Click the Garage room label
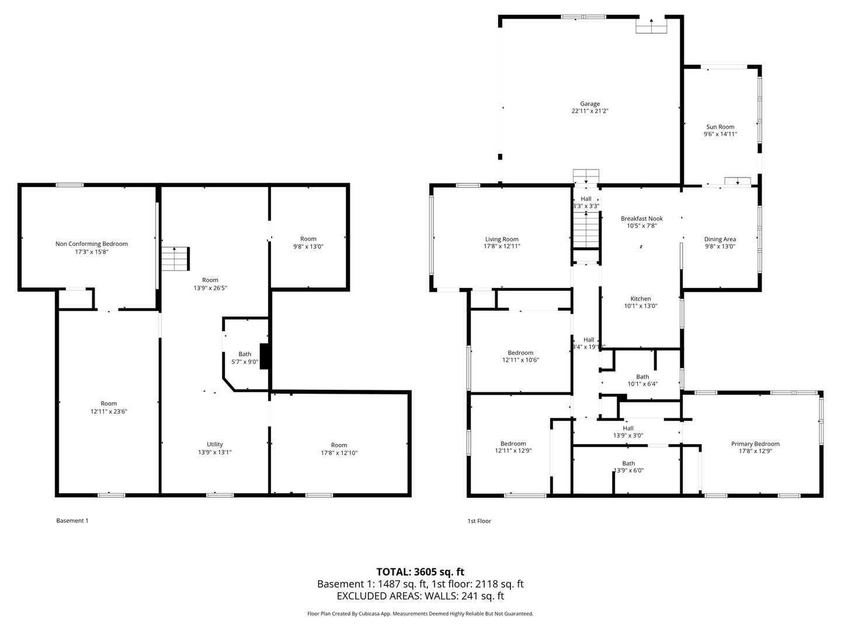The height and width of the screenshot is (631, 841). pyautogui.click(x=590, y=104)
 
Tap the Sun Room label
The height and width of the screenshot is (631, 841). pyautogui.click(x=720, y=127)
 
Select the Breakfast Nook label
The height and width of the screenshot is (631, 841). pyautogui.click(x=642, y=219)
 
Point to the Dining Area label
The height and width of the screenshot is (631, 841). pyautogui.click(x=720, y=239)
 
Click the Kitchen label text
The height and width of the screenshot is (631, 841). pyautogui.click(x=641, y=299)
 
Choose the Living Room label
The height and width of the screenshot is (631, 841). pyautogui.click(x=502, y=239)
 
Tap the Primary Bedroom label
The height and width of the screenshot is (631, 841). pyautogui.click(x=755, y=443)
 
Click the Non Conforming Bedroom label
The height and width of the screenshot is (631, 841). pyautogui.click(x=92, y=244)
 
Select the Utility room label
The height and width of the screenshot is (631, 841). pyautogui.click(x=214, y=445)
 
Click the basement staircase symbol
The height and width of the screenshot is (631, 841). pyautogui.click(x=175, y=259)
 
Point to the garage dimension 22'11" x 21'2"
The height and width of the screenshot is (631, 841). pyautogui.click(x=590, y=111)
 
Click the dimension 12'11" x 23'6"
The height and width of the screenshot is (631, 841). pyautogui.click(x=109, y=411)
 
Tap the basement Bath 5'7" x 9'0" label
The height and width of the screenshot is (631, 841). pyautogui.click(x=245, y=358)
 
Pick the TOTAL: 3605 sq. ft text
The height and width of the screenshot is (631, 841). pyautogui.click(x=420, y=571)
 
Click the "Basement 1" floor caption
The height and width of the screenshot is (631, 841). pyautogui.click(x=72, y=520)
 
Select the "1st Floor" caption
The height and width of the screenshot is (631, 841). pyautogui.click(x=479, y=521)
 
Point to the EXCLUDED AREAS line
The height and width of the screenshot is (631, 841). pyautogui.click(x=420, y=596)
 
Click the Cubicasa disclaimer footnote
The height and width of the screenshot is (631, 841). pyautogui.click(x=420, y=613)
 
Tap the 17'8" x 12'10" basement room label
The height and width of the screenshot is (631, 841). pyautogui.click(x=339, y=449)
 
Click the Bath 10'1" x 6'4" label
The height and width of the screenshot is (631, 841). pyautogui.click(x=642, y=380)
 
